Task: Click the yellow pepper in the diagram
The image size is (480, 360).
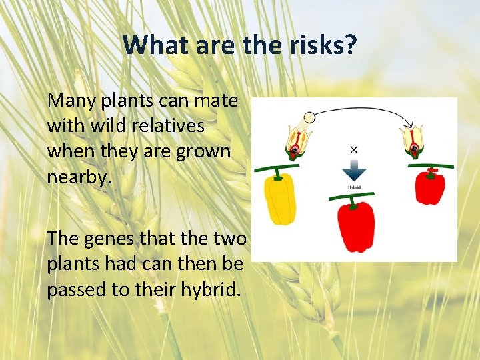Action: pos(281,199)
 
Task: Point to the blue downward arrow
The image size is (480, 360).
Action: pos(354,171)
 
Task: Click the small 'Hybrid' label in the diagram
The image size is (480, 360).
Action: pos(355,188)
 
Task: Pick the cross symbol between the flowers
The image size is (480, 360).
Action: pos(354,149)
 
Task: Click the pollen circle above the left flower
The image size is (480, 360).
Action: pos(309,118)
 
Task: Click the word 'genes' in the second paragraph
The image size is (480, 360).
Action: pos(111,239)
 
